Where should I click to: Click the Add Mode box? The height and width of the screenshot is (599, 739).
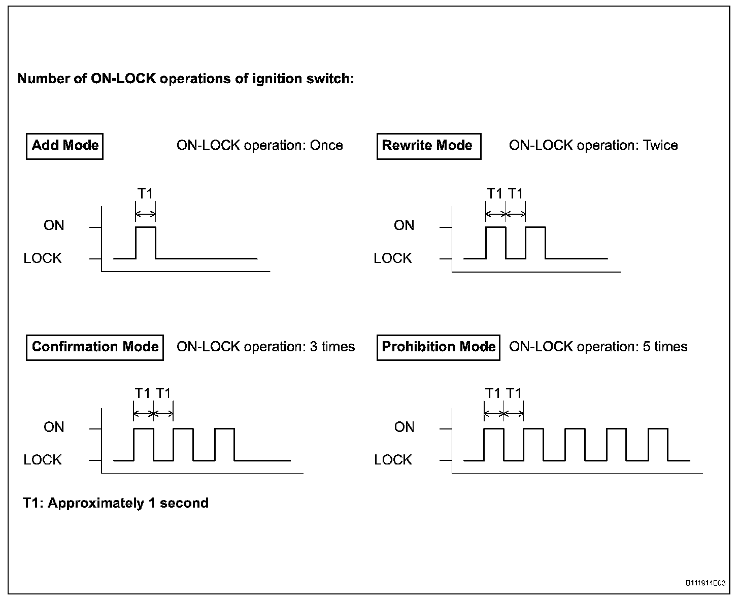tap(64, 146)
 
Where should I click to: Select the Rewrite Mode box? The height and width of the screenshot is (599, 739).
tap(428, 146)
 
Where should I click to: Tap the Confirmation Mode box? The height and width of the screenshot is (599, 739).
tap(95, 347)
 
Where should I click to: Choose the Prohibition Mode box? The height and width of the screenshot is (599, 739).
tap(438, 347)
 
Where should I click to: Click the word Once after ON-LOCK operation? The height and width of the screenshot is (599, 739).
tap(326, 146)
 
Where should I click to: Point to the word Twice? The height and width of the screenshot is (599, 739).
tap(660, 146)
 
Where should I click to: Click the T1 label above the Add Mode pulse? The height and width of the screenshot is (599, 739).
tap(146, 193)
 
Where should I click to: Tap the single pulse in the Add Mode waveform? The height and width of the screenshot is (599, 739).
tap(146, 242)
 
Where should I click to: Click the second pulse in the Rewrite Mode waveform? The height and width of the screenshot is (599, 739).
tap(535, 242)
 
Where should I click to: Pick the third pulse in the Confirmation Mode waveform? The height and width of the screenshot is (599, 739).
tap(225, 444)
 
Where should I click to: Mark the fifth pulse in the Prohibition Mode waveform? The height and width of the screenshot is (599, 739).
tap(658, 444)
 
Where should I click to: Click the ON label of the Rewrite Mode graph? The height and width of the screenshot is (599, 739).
tap(404, 225)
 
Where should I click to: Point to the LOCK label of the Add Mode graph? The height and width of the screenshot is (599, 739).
tap(43, 258)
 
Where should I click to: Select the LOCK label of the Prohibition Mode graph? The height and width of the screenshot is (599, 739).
tap(392, 460)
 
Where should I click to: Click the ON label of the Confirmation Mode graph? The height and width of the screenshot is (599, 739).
tap(54, 427)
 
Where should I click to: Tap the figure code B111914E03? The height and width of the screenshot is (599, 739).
tap(706, 583)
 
